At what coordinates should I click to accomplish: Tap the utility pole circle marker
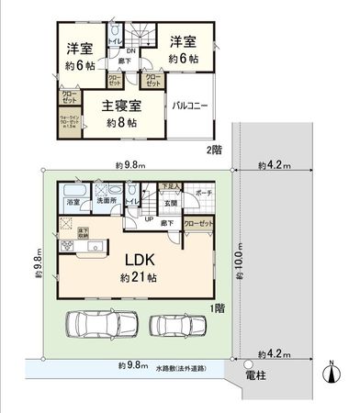click(248, 363)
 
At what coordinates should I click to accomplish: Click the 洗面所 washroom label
click(106, 200)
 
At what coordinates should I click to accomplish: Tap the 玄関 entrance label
click(168, 204)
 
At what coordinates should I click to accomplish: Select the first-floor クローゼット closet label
click(196, 223)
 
